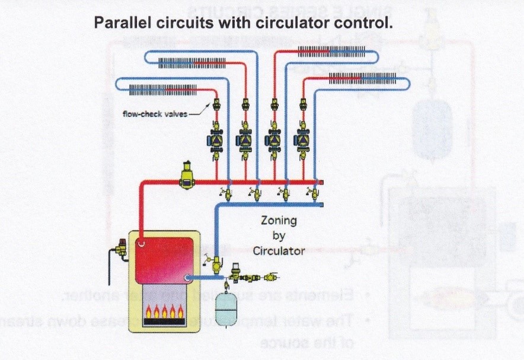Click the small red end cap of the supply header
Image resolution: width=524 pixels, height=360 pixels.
321,183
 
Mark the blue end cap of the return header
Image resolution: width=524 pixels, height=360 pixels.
321,205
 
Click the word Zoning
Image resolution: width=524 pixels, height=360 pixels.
279,221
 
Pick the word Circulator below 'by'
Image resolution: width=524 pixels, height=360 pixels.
279,250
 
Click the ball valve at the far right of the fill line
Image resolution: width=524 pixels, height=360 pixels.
272,276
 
